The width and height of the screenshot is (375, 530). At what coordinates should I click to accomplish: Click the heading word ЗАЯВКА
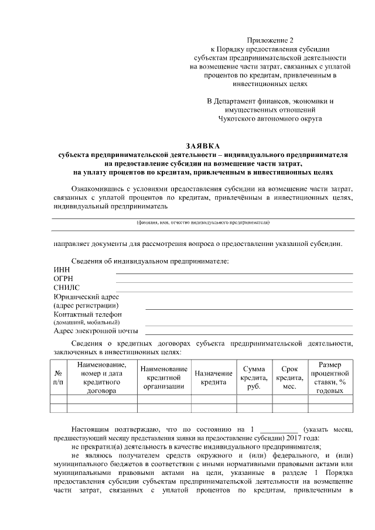point(203,146)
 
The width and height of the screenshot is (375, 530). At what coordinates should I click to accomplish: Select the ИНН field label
point(61,269)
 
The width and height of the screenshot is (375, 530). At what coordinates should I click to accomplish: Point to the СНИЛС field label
point(66,288)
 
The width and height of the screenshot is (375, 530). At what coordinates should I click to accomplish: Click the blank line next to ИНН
point(234,273)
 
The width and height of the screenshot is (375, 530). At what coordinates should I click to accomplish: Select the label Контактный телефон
point(87,314)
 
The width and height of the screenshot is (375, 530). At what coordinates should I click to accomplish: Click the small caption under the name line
point(203,223)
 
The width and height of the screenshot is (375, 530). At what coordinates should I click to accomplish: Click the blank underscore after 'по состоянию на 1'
point(278,430)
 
